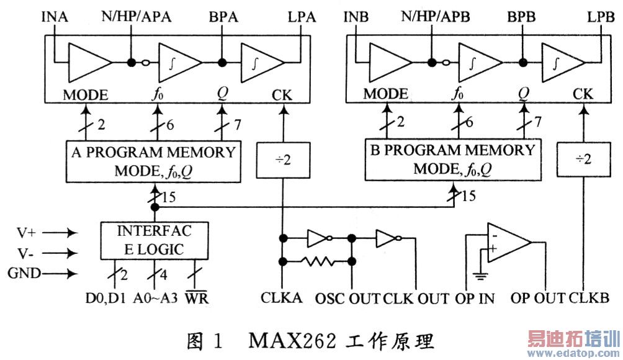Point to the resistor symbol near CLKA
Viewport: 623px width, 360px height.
coord(317,261)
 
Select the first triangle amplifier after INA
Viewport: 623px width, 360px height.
coord(87,61)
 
